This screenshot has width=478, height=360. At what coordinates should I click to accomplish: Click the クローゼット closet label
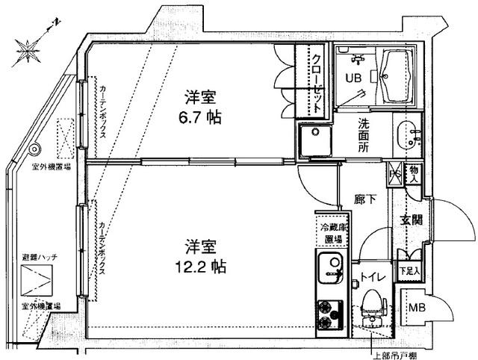pyautogui.click(x=317, y=82)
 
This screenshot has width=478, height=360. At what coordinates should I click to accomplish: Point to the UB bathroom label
pyautogui.click(x=350, y=77)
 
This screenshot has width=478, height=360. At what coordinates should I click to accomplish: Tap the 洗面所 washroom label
pyautogui.click(x=362, y=137)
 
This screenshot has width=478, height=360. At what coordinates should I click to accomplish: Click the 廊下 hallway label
pyautogui.click(x=364, y=199)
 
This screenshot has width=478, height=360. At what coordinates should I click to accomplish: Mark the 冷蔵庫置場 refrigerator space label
pyautogui.click(x=333, y=233)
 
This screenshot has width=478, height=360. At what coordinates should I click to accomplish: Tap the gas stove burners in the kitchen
pyautogui.click(x=329, y=314)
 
